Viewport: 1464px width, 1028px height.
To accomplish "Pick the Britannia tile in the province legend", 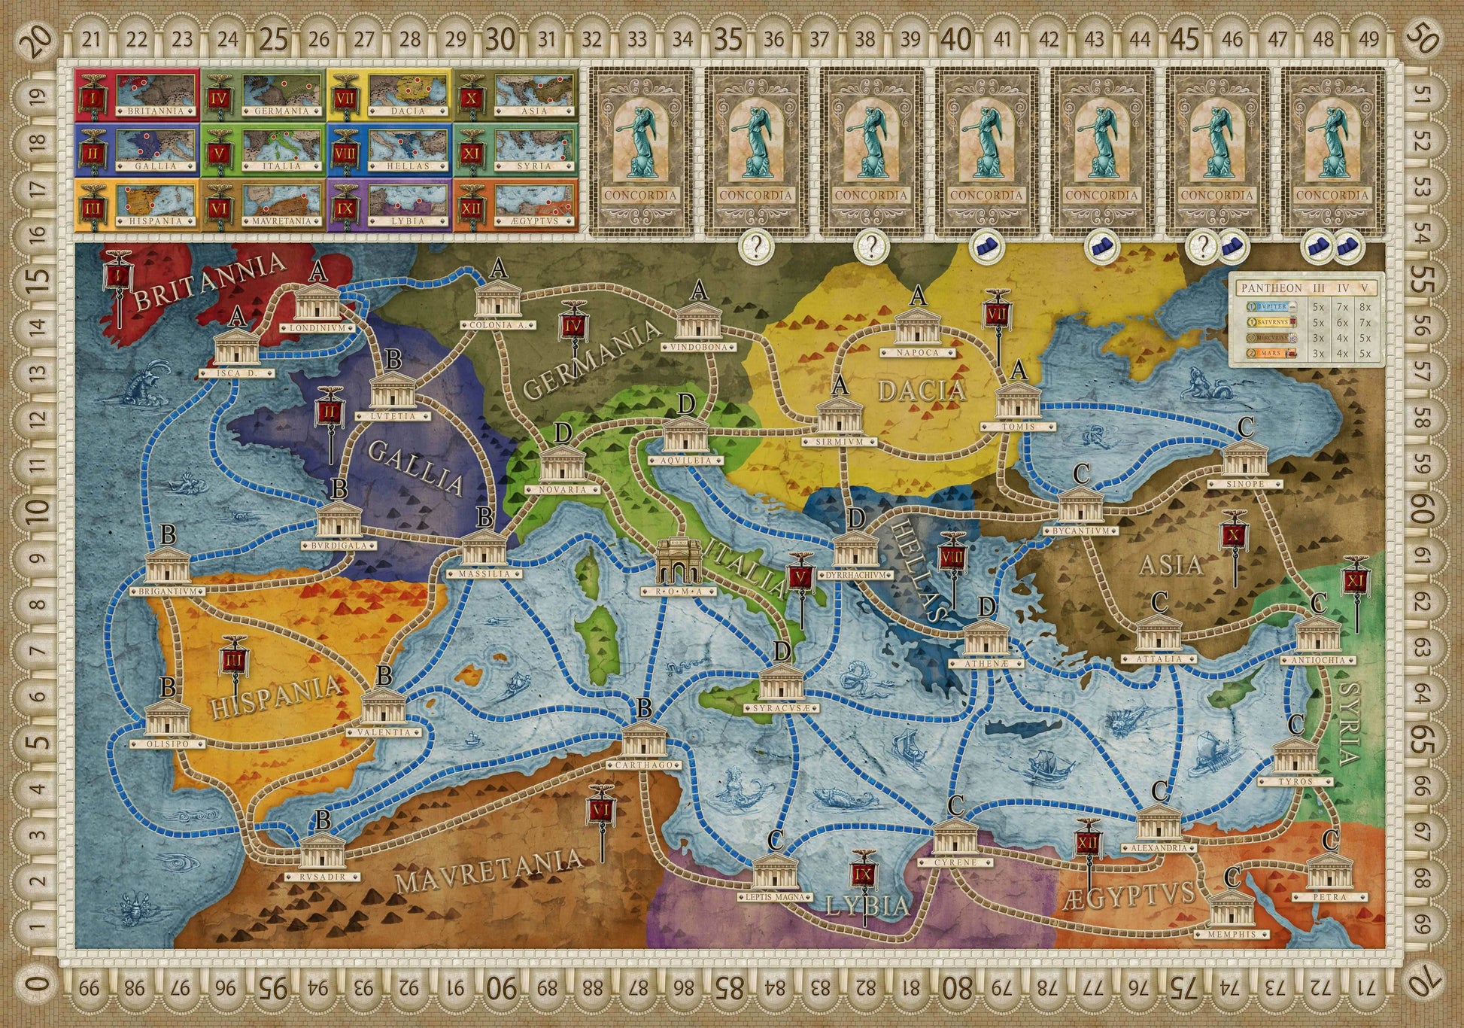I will point(138,93).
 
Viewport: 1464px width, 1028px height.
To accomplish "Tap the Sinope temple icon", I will point(1245,459).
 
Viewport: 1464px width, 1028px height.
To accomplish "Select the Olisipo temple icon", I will point(167,719).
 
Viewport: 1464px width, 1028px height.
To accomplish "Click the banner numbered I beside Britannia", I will point(118,277).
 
